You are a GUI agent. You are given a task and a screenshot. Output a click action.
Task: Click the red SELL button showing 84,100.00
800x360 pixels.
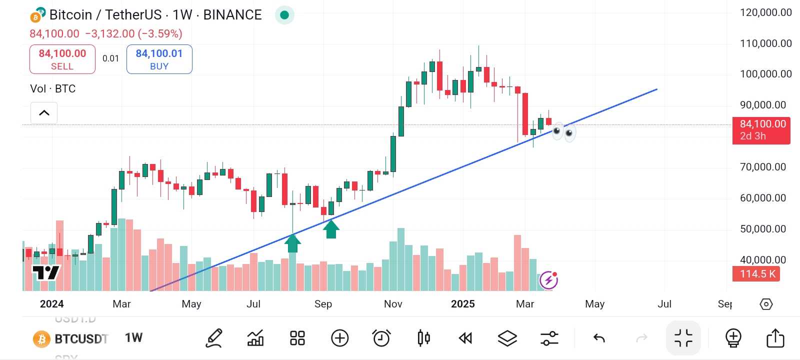(62, 59)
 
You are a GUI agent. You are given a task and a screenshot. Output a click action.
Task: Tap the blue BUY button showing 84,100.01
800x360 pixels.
(159, 59)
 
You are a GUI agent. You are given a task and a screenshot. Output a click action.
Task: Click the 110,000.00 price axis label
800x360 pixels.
(765, 43)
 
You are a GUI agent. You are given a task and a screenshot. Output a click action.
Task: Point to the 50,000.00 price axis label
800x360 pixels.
(762, 229)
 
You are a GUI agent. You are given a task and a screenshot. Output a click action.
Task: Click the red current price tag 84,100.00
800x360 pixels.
(761, 130)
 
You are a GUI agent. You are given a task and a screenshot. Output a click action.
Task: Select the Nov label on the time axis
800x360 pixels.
(393, 304)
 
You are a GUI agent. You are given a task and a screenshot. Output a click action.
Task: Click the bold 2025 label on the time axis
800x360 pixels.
(462, 304)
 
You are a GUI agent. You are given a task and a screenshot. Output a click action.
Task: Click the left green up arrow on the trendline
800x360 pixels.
(292, 243)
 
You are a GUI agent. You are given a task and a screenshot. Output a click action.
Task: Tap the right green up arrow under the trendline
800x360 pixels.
(331, 229)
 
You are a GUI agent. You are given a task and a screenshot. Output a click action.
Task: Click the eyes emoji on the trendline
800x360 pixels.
(563, 132)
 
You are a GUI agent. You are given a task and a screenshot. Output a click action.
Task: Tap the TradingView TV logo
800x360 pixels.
(45, 272)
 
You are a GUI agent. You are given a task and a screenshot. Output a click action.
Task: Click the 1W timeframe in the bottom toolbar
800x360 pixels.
(133, 338)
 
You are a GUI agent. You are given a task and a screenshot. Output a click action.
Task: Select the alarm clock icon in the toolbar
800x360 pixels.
(381, 338)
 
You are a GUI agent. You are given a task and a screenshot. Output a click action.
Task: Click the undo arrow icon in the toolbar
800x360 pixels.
(599, 338)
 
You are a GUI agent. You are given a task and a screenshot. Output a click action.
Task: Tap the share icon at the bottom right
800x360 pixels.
(775, 338)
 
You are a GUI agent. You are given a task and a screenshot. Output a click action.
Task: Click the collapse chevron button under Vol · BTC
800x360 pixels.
(44, 112)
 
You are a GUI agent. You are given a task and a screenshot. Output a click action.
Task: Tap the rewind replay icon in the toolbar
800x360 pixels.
(465, 338)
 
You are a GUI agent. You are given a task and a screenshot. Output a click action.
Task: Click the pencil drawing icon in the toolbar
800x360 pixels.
(214, 338)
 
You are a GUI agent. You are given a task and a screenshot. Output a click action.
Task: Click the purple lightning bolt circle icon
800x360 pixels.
(548, 280)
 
